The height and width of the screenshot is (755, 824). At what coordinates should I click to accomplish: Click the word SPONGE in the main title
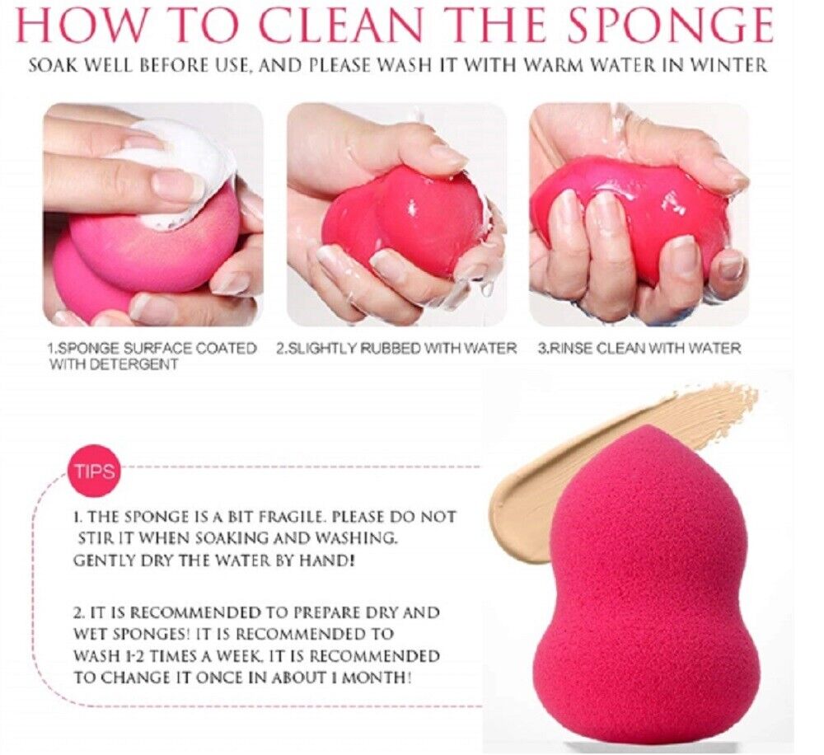pos(671,26)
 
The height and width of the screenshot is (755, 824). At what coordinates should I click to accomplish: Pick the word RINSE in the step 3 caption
pos(569,348)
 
